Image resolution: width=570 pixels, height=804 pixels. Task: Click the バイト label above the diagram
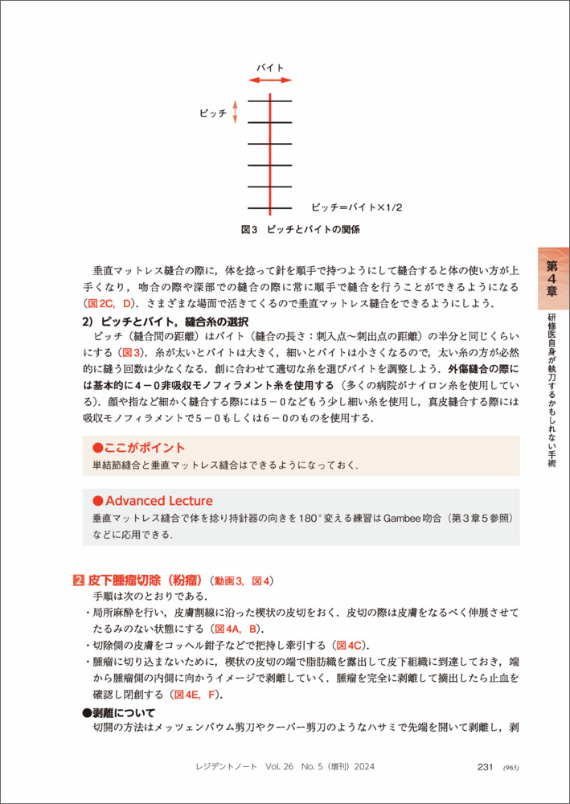point(270,68)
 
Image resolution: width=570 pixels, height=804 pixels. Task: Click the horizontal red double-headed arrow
point(270,80)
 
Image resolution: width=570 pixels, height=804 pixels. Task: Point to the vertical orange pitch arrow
point(236,113)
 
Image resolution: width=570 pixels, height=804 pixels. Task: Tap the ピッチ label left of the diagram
point(213,113)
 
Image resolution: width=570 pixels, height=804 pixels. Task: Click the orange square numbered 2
point(76,580)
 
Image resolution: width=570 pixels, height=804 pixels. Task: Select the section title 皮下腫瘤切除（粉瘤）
point(145,580)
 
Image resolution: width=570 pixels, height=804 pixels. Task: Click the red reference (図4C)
point(352,646)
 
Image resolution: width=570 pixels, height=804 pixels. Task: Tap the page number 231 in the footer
point(484,767)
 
